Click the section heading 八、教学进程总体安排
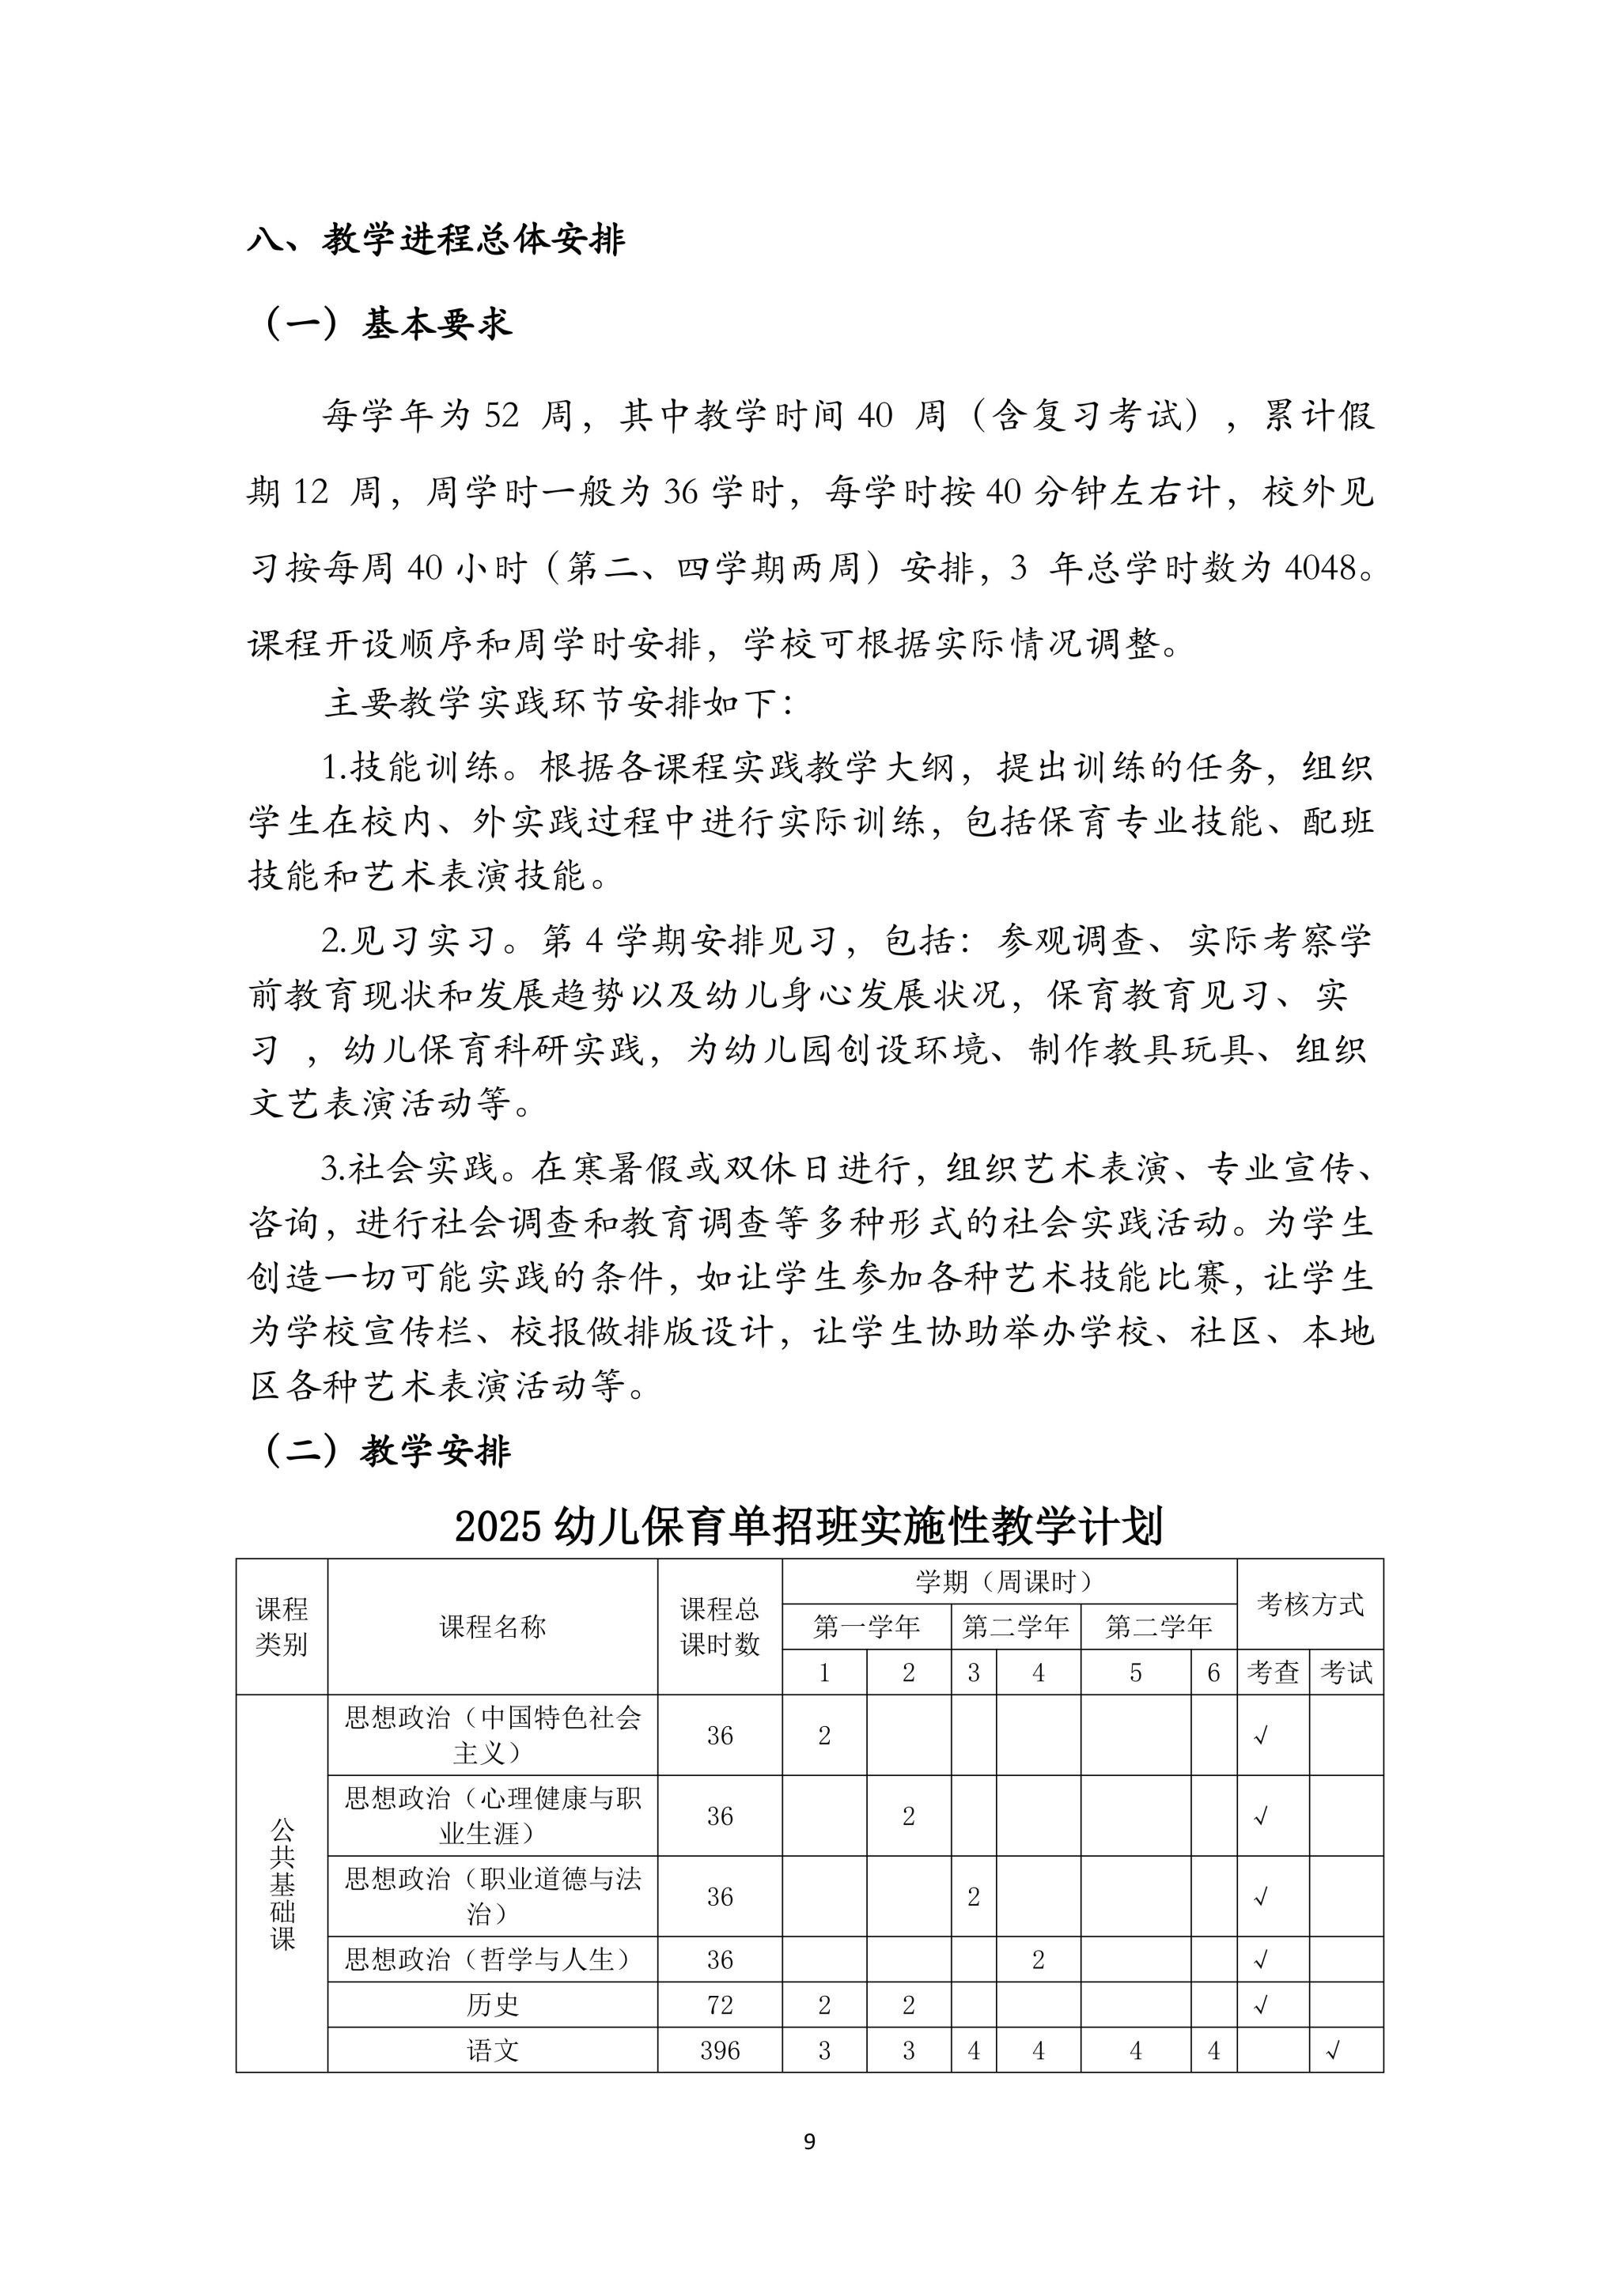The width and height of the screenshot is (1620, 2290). pyautogui.click(x=436, y=240)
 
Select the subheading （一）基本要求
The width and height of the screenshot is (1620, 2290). pyautogui.click(x=387, y=323)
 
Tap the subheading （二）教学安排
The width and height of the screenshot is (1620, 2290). pyautogui.click(x=387, y=1451)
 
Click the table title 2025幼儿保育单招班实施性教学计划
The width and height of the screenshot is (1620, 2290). pyautogui.click(x=809, y=1525)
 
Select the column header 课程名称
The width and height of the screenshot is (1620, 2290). pyautogui.click(x=492, y=1627)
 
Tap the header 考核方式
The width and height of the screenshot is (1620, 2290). pyautogui.click(x=1309, y=1604)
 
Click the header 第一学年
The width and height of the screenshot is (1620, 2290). pyautogui.click(x=866, y=1627)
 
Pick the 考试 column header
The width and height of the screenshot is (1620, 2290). pyautogui.click(x=1346, y=1672)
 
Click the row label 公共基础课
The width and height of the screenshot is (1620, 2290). pyautogui.click(x=282, y=1884)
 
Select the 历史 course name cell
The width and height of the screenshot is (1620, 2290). pyautogui.click(x=492, y=2005)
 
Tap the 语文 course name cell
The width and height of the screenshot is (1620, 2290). pyautogui.click(x=492, y=2050)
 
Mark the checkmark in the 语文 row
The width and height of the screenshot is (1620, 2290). pyautogui.click(x=1333, y=2050)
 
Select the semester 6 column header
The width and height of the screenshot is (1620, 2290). pyautogui.click(x=1213, y=1672)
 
